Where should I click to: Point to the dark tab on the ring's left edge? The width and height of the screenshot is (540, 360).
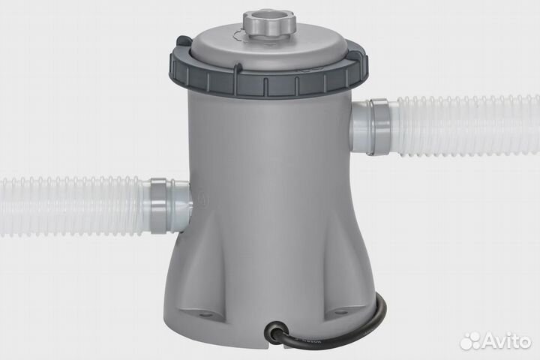pyautogui.click(x=183, y=41)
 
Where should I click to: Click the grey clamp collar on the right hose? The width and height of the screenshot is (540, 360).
pyautogui.click(x=378, y=127)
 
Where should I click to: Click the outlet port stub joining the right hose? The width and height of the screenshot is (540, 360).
pyautogui.click(x=359, y=127)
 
